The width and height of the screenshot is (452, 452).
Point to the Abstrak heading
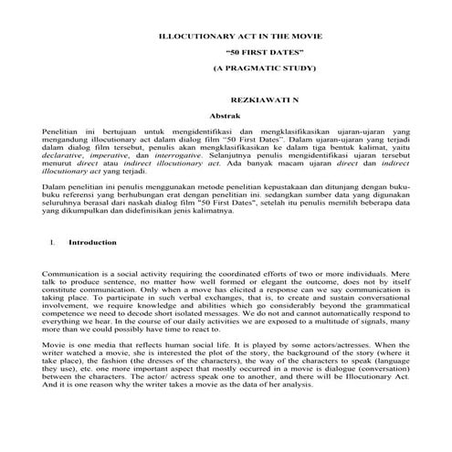(224, 118)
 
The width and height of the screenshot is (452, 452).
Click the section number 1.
(55, 243)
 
